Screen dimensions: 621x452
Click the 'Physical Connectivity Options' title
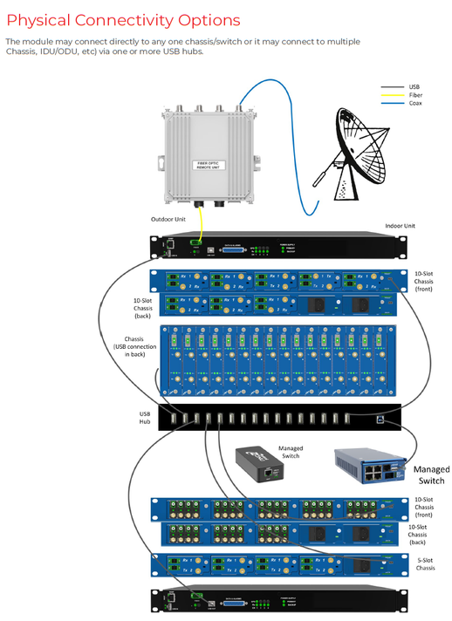pos(124,19)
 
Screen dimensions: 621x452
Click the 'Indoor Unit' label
pos(401,226)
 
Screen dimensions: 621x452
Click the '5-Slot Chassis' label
pos(425,564)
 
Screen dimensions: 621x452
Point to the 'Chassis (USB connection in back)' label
pos(134,346)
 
